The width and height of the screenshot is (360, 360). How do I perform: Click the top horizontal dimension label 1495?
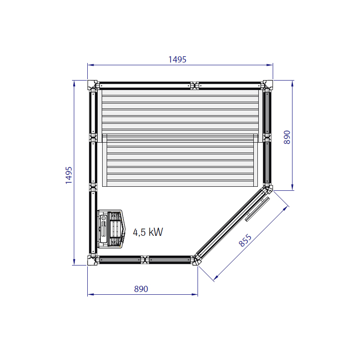click(x=177, y=59)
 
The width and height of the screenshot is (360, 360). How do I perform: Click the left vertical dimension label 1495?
click(x=69, y=175)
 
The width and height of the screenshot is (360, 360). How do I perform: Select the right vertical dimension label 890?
click(x=287, y=137)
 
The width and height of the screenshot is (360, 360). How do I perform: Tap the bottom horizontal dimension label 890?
click(x=141, y=289)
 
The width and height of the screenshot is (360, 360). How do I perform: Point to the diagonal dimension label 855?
click(x=245, y=240)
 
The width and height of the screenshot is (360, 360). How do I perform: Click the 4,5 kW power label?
click(x=148, y=232)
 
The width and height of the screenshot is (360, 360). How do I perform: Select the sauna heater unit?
click(x=112, y=229)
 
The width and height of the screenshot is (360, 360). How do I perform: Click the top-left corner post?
click(x=92, y=85)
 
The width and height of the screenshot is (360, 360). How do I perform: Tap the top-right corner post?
click(x=268, y=85)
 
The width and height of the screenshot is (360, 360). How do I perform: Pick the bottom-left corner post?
click(x=92, y=261)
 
